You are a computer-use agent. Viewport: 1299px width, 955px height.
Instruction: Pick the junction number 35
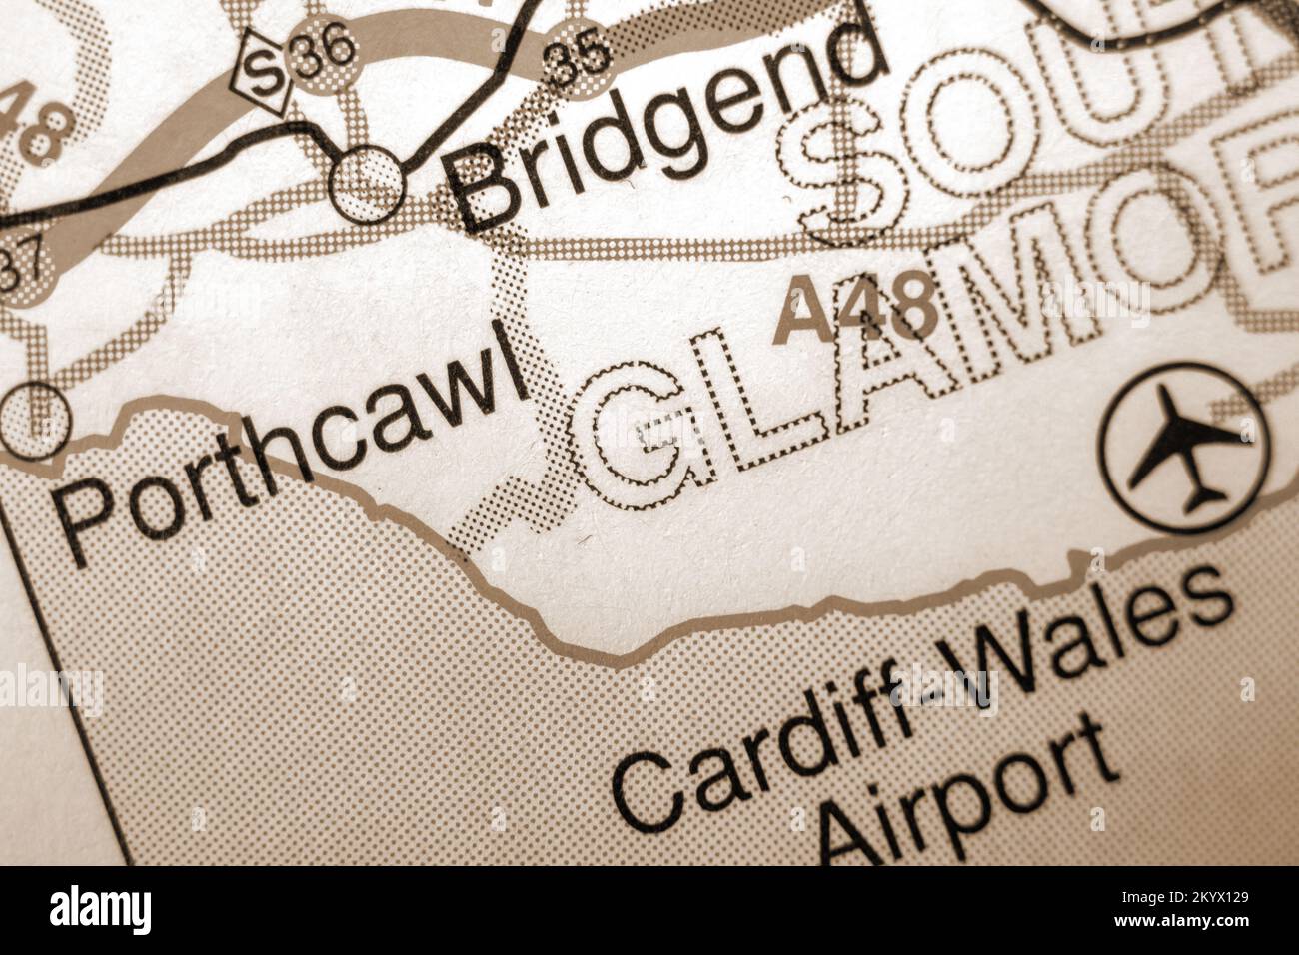coord(580,59)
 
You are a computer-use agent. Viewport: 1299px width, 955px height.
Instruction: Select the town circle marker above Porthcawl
coord(35,418)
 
